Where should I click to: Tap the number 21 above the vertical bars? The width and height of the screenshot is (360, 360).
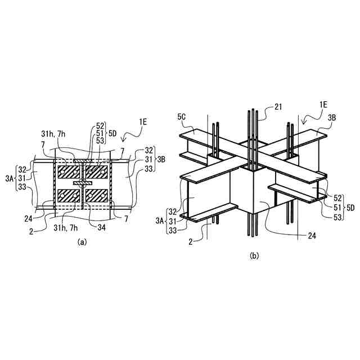tap(280, 106)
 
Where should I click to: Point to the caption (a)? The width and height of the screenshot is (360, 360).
tap(82, 242)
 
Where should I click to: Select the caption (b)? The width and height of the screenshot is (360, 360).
tap(254, 255)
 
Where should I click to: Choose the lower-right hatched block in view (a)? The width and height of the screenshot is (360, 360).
tap(97, 196)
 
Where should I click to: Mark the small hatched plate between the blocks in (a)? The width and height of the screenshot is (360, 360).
tap(82, 183)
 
